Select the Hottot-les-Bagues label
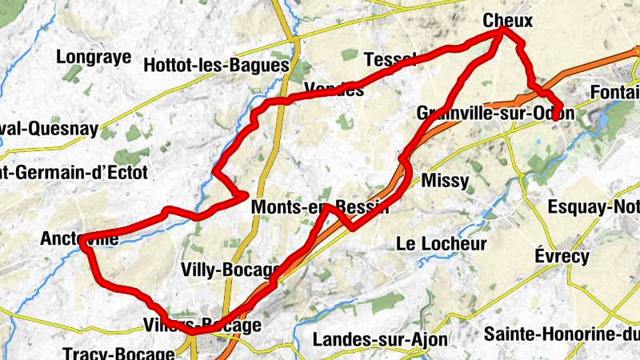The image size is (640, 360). [214, 66]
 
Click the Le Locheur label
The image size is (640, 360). [442, 243]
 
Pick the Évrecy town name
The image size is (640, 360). [562, 257]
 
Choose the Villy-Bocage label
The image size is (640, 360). [231, 269]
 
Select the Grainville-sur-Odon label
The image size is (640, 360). [495, 114]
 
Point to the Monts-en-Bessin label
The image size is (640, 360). [320, 207]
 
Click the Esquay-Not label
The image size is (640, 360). [593, 206]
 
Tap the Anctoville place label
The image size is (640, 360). [80, 238]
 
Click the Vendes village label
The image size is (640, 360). [334, 90]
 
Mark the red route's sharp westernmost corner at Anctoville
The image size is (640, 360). [83, 247]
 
